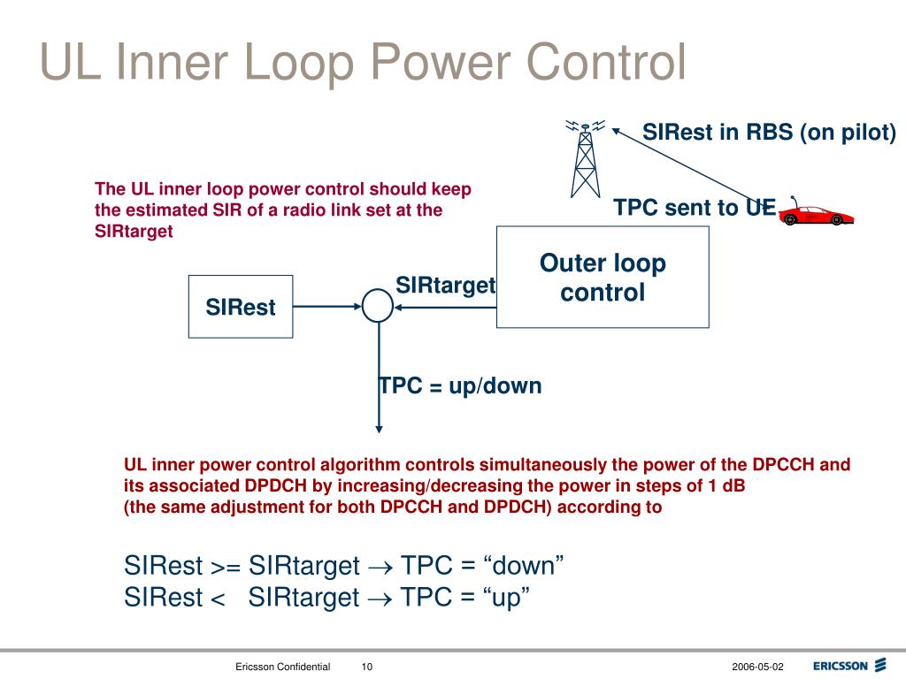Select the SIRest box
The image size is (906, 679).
240,307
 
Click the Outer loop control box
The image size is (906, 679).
603,277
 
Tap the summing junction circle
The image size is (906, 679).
378,307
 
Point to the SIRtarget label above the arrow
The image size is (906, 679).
445,286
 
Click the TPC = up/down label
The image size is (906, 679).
460,386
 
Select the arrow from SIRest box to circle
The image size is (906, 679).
326,307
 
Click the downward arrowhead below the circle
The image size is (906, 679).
379,428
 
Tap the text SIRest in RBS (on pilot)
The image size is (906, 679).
769,133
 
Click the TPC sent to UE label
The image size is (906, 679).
695,208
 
